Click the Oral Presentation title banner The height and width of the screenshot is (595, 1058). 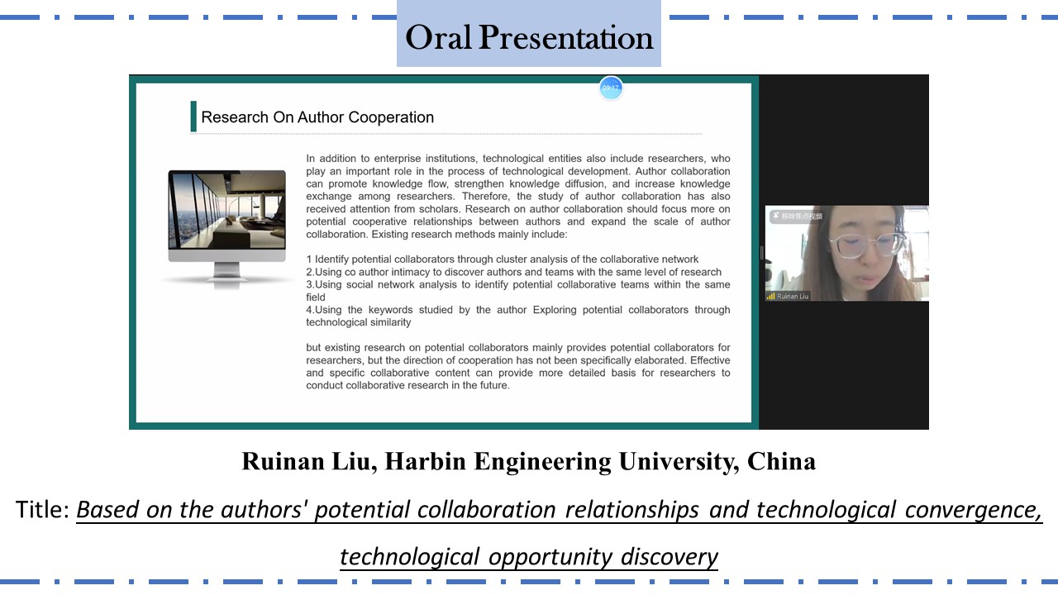pyautogui.click(x=528, y=34)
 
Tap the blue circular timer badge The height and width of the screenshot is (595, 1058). pyautogui.click(x=611, y=88)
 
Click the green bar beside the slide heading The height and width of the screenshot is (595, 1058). pyautogui.click(x=193, y=117)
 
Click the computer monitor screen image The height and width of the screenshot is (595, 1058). pyautogui.click(x=226, y=210)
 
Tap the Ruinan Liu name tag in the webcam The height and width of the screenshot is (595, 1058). pyautogui.click(x=793, y=296)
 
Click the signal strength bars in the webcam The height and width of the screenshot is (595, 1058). pyautogui.click(x=771, y=296)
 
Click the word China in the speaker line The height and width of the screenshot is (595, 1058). pyautogui.click(x=781, y=461)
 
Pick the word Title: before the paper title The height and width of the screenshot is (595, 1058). pyautogui.click(x=42, y=510)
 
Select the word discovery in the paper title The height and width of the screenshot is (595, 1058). pyautogui.click(x=670, y=557)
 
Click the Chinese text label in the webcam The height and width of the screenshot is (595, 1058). pyautogui.click(x=802, y=217)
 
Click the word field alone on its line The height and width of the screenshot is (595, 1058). pyautogui.click(x=316, y=297)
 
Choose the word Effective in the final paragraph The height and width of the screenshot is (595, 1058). pyautogui.click(x=710, y=359)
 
